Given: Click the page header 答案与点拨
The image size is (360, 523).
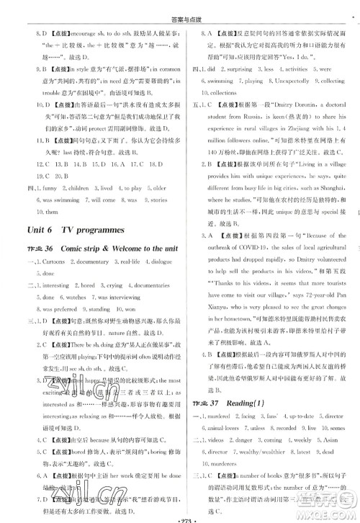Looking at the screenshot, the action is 179,6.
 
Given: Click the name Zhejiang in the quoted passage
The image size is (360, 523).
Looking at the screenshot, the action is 293,154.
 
